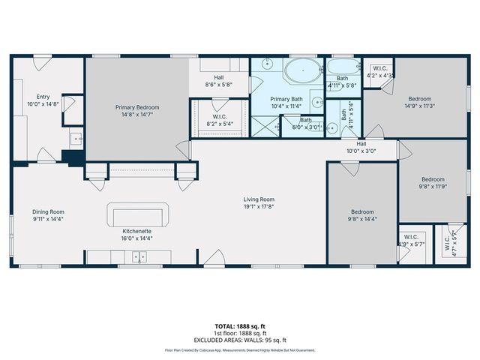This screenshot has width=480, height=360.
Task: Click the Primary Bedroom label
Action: [x=136, y=107]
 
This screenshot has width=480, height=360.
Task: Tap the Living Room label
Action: [x=259, y=199]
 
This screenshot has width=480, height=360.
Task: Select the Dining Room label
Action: [x=47, y=212]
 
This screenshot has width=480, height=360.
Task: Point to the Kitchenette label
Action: [x=137, y=231]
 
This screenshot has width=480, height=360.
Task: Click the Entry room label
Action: [x=43, y=97]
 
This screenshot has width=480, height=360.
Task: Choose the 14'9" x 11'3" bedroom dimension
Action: [x=420, y=106]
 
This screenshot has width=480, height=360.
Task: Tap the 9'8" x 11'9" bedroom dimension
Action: [x=433, y=187]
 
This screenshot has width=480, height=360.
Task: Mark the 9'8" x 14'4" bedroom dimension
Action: [x=362, y=220]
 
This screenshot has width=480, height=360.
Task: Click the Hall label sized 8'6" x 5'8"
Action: [x=219, y=85]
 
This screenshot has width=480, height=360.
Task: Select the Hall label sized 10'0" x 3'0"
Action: [x=361, y=150]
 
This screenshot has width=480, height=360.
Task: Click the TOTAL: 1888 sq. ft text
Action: [x=240, y=325]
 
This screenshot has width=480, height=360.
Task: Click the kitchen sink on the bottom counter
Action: [x=139, y=257]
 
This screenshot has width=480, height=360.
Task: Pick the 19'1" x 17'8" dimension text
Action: [x=259, y=206]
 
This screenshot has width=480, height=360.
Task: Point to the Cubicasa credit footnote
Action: [x=240, y=350]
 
